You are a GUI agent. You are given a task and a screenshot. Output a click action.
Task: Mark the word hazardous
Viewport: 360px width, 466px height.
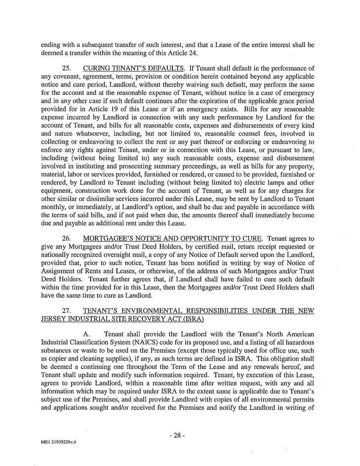301,341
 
